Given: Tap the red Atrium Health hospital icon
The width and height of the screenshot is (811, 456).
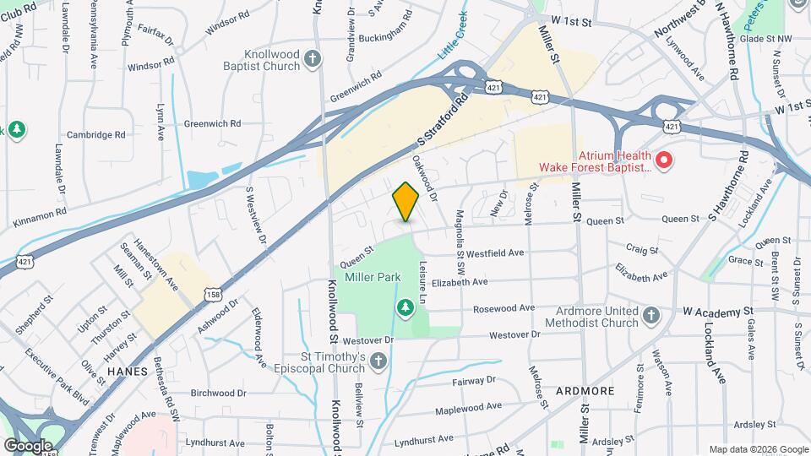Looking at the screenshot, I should (664, 159).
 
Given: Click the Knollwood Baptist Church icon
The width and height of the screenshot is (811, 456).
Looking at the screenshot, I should (313, 58).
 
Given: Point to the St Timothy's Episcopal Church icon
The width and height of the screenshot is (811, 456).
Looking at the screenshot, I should (378, 362).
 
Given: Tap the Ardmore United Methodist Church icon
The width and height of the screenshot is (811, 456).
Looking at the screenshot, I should (650, 315).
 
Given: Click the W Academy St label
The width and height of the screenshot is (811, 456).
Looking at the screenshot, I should (717, 312).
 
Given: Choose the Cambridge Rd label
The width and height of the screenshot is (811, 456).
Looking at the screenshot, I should (96, 134).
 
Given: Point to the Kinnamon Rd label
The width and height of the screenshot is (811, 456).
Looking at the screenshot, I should (40, 218).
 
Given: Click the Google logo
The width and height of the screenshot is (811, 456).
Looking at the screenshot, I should (28, 445).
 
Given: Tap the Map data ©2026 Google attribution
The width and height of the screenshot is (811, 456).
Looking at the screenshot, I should (758, 449).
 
